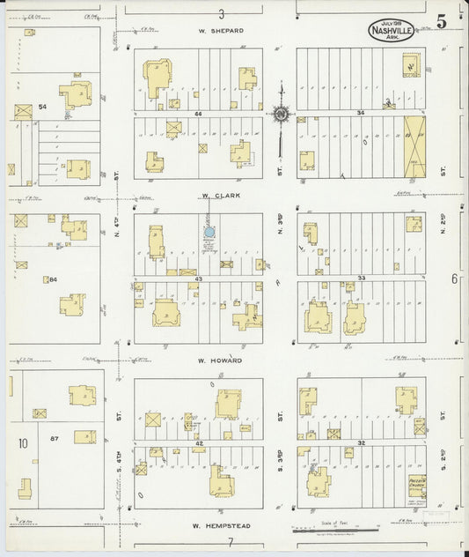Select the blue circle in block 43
209,233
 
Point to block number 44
199,114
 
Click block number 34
361,113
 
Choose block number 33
361,278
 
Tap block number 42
199,442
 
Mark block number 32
361,442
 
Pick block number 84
53,279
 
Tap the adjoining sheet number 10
22,442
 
